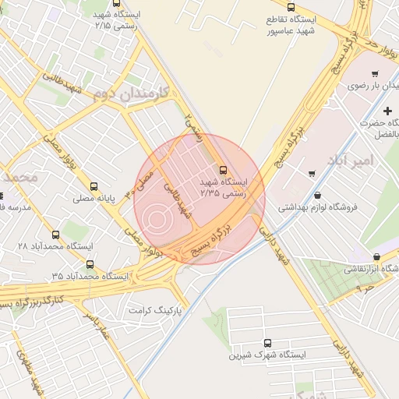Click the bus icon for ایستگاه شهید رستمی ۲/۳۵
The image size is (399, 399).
(x=224, y=169)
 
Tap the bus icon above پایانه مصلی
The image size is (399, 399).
(x=94, y=186)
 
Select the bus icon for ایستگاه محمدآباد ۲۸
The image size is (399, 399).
(x=55, y=234)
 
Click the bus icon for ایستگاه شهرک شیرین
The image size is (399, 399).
(x=268, y=342)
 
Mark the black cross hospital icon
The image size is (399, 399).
(x=387, y=112)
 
